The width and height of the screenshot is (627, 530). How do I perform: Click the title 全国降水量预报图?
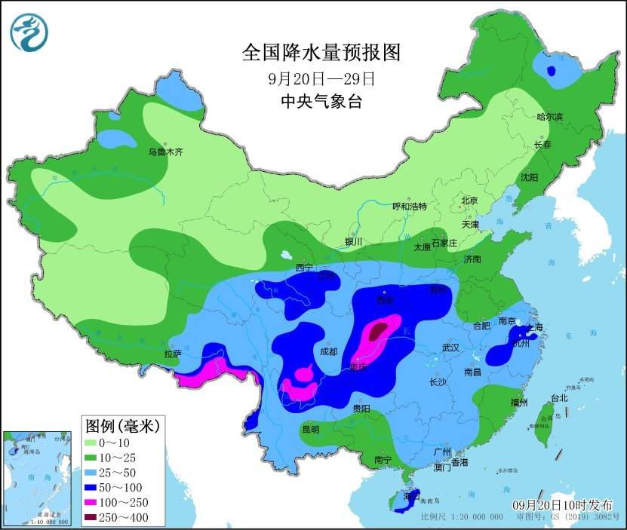tap(321, 52)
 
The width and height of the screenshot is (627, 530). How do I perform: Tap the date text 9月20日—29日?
tap(321, 78)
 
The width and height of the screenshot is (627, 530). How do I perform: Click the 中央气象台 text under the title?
tap(321, 102)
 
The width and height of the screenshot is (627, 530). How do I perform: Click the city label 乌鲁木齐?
tap(165, 152)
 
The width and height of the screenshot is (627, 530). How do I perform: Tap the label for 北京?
tap(469, 201)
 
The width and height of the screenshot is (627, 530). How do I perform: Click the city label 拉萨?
tap(172, 353)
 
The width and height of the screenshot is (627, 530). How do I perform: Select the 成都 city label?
tap(328, 351)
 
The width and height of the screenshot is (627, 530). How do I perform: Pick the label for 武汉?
tap(451, 348)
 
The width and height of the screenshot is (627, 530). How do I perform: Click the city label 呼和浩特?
tap(410, 207)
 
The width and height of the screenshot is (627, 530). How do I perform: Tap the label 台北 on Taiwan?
tap(558, 398)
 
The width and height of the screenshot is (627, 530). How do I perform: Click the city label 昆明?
tap(310, 429)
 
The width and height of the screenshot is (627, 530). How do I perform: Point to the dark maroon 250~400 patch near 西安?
tap(379, 329)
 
